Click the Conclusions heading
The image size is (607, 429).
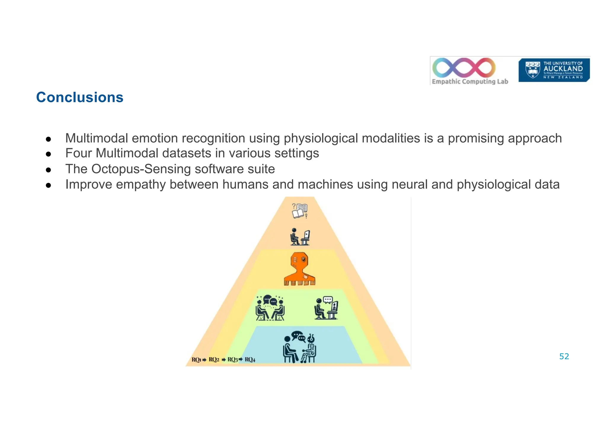coord(79,97)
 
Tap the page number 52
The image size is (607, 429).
coord(564,356)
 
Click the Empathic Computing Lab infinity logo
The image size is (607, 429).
coord(464,67)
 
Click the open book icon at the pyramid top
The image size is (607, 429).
coord(300,211)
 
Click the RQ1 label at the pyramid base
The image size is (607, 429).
coord(196,360)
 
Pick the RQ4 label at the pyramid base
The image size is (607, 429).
coord(250,360)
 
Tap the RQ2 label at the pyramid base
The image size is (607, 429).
coord(214,360)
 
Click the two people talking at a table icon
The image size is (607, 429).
coord(270,308)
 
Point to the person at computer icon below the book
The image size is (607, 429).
coord(300,237)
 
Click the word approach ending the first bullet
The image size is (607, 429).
coord(534,138)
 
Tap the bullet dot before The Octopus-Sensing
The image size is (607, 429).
coord(49,170)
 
